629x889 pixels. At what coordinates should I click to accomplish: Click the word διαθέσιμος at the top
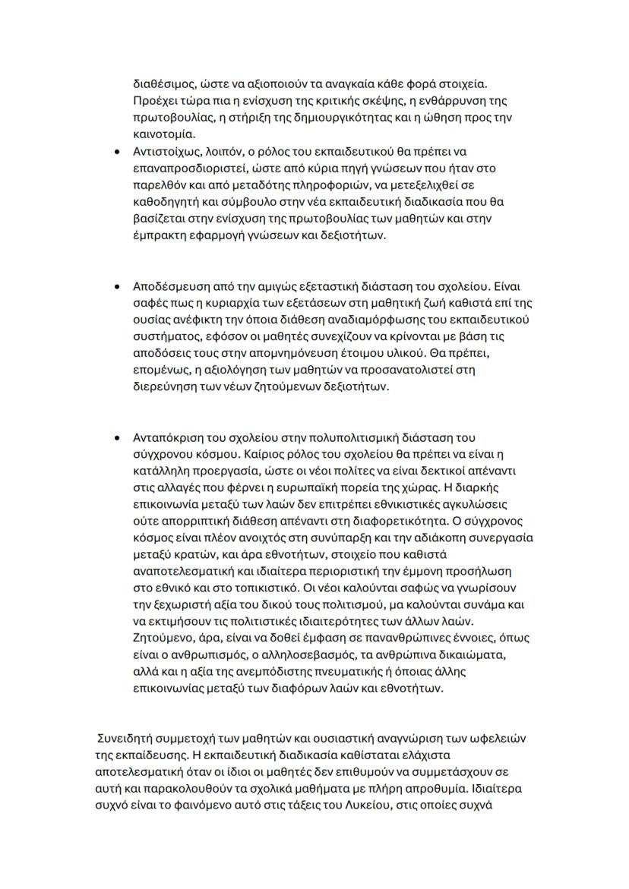pos(164,84)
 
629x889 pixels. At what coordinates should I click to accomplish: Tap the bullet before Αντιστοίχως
pos(116,152)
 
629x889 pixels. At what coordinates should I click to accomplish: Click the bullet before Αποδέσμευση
pos(116,288)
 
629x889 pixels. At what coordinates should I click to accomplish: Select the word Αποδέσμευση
pos(171,288)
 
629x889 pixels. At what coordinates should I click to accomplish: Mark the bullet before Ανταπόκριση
pos(116,438)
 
